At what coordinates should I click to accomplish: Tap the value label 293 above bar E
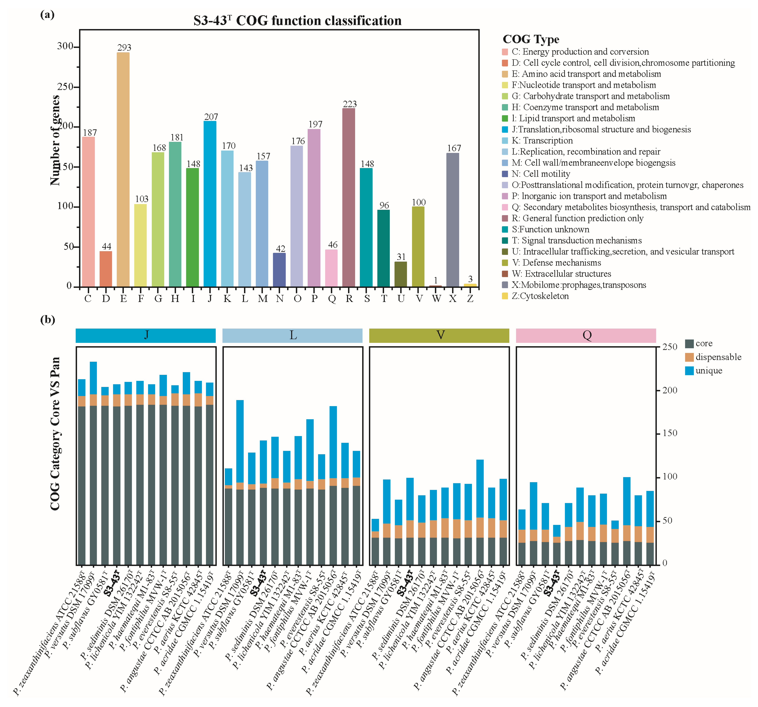(124, 47)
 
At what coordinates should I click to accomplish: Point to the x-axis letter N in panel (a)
(280, 299)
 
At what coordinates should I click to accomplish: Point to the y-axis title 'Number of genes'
(55, 140)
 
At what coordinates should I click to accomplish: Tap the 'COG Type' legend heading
(531, 39)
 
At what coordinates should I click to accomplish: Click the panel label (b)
(47, 319)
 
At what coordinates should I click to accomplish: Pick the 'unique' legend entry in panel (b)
(708, 371)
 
